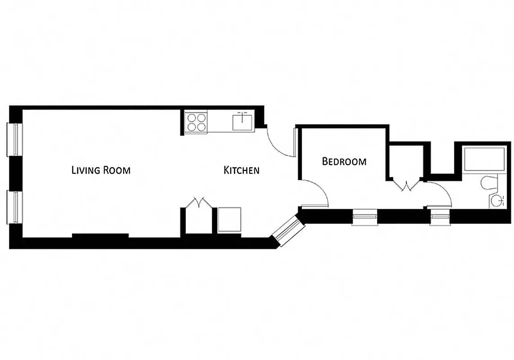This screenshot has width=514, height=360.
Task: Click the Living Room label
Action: [101, 170]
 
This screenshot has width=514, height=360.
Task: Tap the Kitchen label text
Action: [241, 170]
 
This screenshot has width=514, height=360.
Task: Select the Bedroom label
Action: [344, 161]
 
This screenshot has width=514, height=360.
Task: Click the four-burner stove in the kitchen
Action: [197, 121]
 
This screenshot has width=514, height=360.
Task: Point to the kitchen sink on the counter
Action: [243, 121]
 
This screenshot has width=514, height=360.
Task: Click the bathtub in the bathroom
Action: [484, 159]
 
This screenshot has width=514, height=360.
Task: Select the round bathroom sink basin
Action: [496, 201]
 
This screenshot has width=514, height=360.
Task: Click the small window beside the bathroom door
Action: [439, 218]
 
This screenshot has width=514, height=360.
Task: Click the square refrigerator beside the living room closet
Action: [229, 220]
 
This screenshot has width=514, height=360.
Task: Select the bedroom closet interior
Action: [407, 162]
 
